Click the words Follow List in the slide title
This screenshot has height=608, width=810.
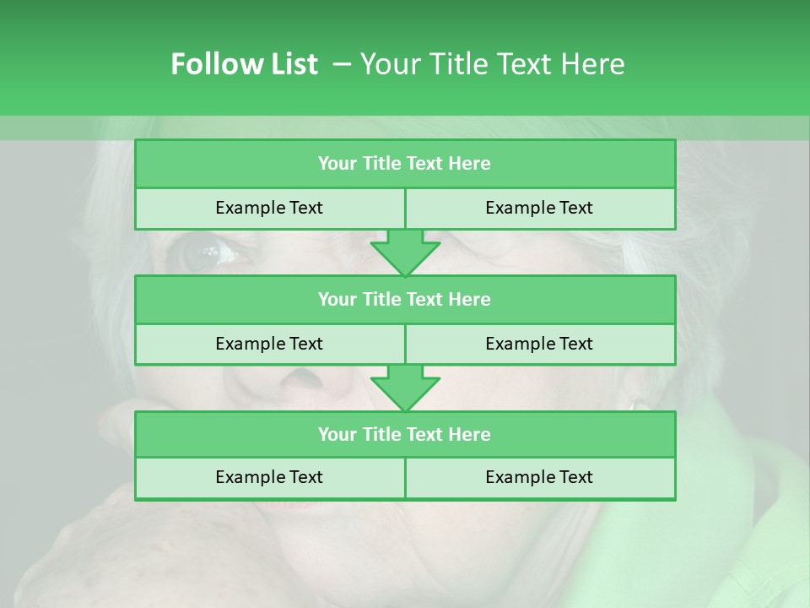244,64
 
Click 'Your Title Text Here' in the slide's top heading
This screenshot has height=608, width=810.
492,64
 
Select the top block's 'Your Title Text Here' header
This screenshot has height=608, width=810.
404,163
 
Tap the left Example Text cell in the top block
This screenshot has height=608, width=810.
269,208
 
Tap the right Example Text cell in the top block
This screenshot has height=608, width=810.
539,208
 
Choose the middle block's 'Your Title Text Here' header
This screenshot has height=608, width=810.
404,299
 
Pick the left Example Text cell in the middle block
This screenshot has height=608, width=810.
269,344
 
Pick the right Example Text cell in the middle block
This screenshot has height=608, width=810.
539,344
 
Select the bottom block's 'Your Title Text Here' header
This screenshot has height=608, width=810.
404,434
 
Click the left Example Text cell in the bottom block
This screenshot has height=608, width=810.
269,477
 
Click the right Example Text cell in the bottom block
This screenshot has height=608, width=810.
539,477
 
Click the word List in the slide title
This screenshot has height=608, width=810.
291,64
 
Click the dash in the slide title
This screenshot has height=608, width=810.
342,64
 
